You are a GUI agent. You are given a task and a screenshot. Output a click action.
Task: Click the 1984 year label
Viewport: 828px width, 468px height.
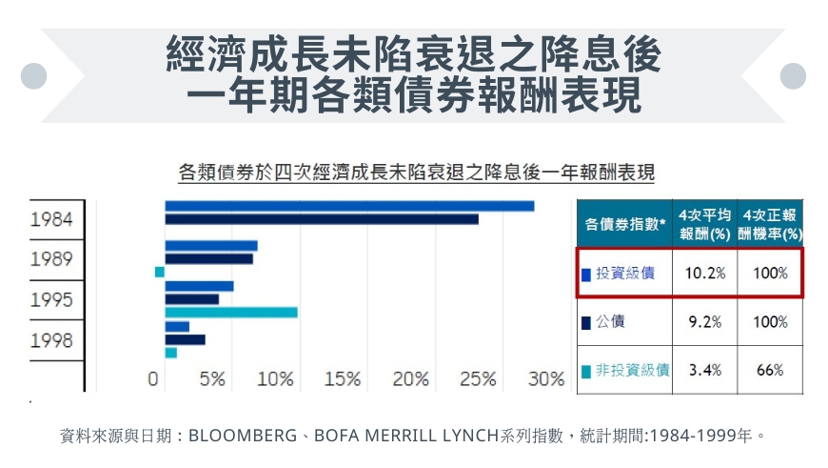[x=51, y=219]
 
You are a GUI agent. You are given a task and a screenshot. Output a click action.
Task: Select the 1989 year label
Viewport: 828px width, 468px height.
[x=51, y=259]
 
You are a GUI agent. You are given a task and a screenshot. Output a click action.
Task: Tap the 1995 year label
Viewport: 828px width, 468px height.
[x=51, y=300]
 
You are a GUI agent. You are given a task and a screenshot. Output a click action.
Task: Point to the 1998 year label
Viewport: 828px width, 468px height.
[x=51, y=340]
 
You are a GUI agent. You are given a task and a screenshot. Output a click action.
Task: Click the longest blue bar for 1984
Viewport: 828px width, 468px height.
[x=349, y=206]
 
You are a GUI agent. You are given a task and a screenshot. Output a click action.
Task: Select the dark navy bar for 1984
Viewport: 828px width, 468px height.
[x=322, y=219]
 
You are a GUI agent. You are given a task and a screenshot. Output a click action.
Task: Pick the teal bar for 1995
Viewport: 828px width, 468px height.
[x=231, y=312]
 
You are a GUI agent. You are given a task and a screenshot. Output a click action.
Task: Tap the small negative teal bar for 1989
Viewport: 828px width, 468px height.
[x=160, y=272]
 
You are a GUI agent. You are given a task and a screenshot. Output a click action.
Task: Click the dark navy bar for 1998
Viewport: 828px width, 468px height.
[x=185, y=339]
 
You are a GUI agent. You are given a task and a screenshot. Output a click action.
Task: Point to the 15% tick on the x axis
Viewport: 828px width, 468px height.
[x=343, y=379]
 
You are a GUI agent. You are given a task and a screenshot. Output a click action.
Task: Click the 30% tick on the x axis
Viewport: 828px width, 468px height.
[x=546, y=379]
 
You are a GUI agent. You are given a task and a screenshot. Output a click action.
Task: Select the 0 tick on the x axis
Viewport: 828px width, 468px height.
[x=153, y=379]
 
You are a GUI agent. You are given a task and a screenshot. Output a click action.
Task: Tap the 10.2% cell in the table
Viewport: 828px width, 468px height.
[x=705, y=274]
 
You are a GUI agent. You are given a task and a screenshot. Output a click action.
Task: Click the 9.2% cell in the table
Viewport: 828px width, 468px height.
[x=705, y=322]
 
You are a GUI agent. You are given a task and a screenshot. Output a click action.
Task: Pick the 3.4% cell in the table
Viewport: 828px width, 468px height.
[x=705, y=370]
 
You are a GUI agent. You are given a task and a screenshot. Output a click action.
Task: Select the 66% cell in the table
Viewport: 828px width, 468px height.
[x=770, y=370]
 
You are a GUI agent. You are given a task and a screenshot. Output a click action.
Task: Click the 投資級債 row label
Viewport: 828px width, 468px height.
[x=624, y=274]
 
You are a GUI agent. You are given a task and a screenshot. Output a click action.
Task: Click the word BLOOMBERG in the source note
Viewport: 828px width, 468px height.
[x=243, y=437]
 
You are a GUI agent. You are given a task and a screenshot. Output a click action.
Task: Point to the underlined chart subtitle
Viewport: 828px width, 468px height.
[x=416, y=173]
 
